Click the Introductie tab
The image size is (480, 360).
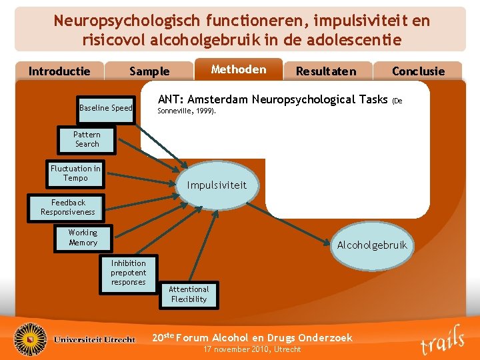click(x=59, y=71)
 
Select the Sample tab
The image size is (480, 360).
click(x=149, y=71)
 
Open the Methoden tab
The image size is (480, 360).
click(x=238, y=69)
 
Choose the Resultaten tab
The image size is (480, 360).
click(x=326, y=71)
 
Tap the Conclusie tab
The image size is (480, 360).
click(x=418, y=71)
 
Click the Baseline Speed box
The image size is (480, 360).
click(x=106, y=108)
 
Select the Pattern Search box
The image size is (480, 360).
click(x=87, y=139)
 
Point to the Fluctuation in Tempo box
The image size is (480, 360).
click(x=75, y=173)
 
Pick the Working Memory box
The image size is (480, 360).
click(x=83, y=238)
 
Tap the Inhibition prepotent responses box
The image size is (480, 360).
click(x=128, y=273)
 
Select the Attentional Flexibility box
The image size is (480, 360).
click(x=189, y=294)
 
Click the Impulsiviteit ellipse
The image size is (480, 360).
click(x=217, y=185)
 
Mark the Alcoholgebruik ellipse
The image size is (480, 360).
click(x=371, y=245)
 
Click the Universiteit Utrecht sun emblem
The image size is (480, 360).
click(x=31, y=339)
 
